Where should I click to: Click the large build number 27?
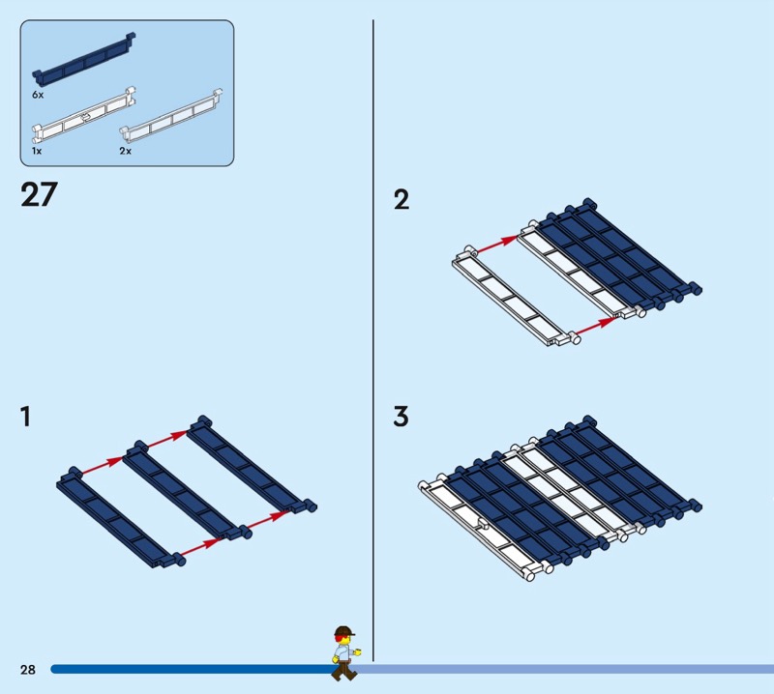pyautogui.click(x=39, y=194)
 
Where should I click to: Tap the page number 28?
pyautogui.click(x=26, y=669)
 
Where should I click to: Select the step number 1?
pyautogui.click(x=25, y=418)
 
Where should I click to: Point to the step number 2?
pyautogui.click(x=401, y=200)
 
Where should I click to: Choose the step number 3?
pyautogui.click(x=401, y=418)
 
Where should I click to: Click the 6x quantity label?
pyautogui.click(x=38, y=97)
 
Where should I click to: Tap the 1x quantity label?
pyautogui.click(x=37, y=152)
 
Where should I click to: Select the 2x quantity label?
pyautogui.click(x=125, y=152)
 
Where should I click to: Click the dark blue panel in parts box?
pyautogui.click(x=84, y=60)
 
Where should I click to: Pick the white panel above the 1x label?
pyautogui.click(x=84, y=116)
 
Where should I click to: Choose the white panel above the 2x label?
pyautogui.click(x=173, y=116)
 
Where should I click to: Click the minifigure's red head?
pyautogui.click(x=342, y=636)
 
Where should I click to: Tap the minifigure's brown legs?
pyautogui.click(x=341, y=669)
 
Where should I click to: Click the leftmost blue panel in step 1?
pyautogui.click(x=121, y=516)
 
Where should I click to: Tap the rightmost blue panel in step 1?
pyautogui.click(x=250, y=464)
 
